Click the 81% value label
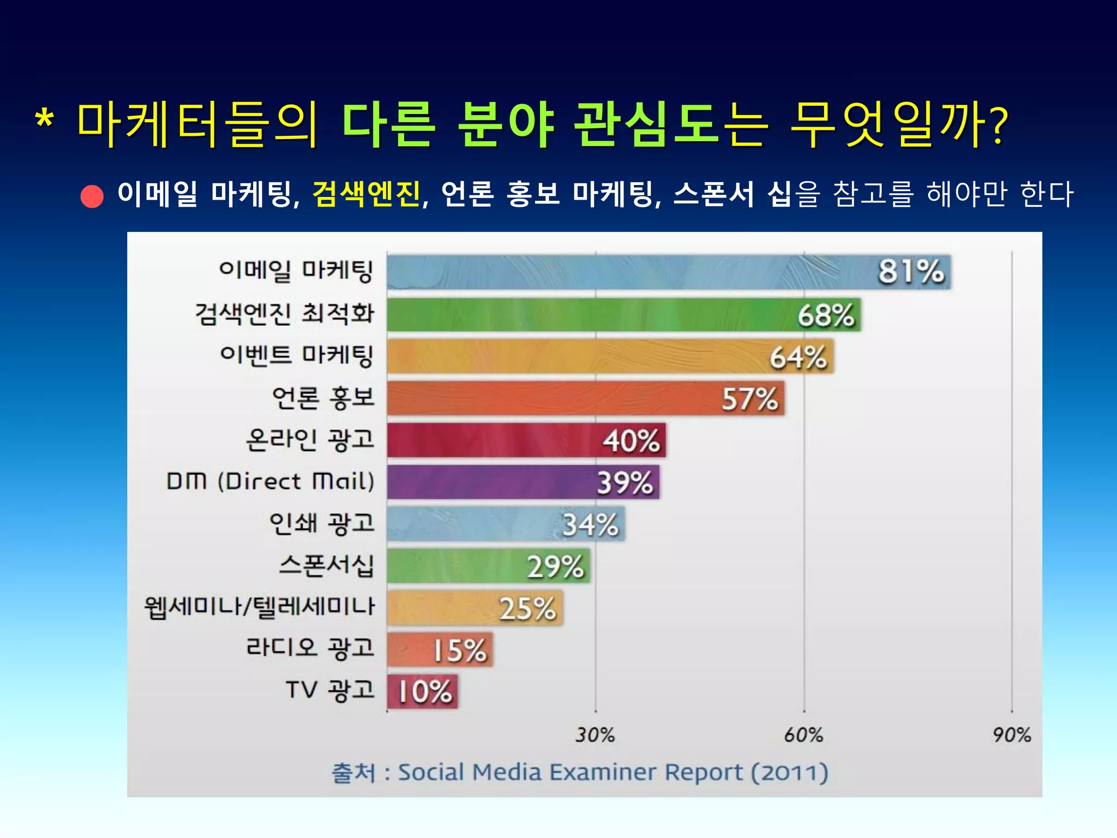[x=911, y=271]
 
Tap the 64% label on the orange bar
[x=798, y=357]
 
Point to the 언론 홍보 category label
[x=323, y=398]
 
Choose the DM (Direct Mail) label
[x=271, y=482]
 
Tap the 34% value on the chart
[x=590, y=525]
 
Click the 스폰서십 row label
[x=326, y=565]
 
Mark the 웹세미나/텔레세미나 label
[x=260, y=607]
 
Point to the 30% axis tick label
[x=595, y=735]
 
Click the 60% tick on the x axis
[x=803, y=735]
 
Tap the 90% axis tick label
[x=1012, y=735]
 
